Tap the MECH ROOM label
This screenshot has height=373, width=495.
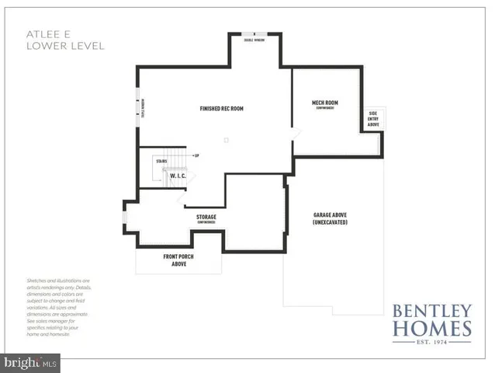tap(324, 103)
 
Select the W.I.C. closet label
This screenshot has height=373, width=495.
tap(178, 176)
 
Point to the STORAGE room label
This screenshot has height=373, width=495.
tap(206, 217)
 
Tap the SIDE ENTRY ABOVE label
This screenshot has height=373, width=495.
tap(373, 119)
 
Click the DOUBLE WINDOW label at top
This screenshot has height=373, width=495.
tap(254, 41)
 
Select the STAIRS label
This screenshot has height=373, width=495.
tap(161, 161)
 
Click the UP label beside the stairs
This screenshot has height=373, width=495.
tap(197, 155)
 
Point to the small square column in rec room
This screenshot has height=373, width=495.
tap(226, 140)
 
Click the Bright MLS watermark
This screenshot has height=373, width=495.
tap(31, 362)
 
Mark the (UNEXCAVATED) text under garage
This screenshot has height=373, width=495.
tap(330, 222)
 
